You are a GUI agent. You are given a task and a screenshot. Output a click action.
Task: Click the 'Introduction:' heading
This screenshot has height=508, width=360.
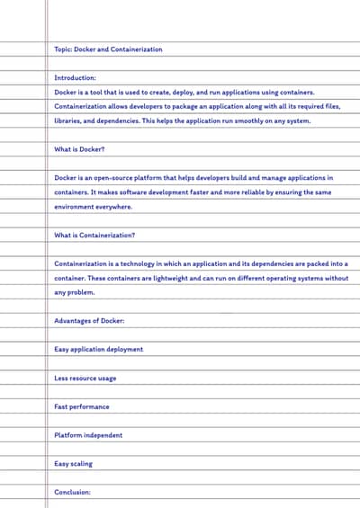pos(75,78)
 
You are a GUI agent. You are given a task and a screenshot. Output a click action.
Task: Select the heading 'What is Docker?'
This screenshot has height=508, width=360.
pos(79,149)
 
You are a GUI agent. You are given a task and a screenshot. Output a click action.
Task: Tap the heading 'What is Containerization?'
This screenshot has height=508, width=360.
pos(94,235)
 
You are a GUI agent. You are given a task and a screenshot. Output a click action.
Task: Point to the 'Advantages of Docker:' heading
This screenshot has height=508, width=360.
pos(89,321)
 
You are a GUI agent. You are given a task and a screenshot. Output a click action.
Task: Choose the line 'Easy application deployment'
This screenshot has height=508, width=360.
pos(98,349)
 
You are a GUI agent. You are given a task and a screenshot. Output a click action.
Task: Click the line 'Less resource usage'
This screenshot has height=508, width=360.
pos(85,379)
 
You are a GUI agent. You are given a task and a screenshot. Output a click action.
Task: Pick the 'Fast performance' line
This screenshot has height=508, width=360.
pos(82,406)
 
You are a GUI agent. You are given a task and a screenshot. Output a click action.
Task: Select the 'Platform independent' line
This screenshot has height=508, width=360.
pos(88,435)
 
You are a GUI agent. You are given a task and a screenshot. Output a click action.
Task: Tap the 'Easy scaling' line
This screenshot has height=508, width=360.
pos(73,464)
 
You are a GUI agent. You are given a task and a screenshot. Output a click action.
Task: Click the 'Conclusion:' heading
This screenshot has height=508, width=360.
pos(72,492)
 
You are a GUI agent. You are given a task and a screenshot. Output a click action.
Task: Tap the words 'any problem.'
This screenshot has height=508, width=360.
pos(74,292)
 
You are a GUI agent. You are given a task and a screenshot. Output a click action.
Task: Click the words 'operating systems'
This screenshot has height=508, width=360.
pos(293,278)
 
